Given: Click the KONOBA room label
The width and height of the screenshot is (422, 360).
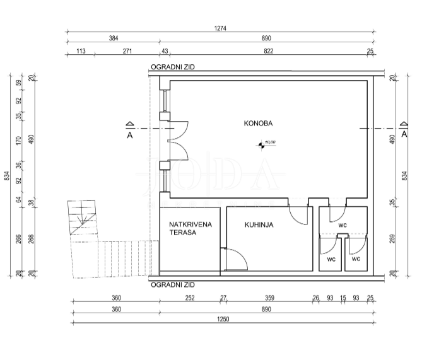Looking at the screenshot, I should (x=258, y=124).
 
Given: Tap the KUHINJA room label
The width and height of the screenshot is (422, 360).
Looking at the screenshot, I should (x=259, y=224).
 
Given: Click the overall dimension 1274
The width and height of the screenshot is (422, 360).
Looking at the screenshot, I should (x=220, y=28).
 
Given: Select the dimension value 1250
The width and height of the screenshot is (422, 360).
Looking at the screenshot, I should (x=222, y=319).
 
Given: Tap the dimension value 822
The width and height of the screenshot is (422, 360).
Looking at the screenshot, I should (x=268, y=50).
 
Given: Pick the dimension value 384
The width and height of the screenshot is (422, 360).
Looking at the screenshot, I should (x=114, y=38).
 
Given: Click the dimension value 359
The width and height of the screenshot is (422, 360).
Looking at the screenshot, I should (x=269, y=298).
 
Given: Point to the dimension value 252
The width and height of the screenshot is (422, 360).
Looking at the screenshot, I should (x=190, y=298).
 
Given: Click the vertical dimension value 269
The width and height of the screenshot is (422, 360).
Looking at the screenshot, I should (x=392, y=240).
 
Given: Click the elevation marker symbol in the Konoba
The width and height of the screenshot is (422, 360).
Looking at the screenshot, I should (x=261, y=145).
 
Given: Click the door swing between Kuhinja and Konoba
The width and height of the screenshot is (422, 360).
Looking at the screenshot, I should (x=297, y=216).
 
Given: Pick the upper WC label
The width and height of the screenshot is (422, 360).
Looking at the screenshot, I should (x=342, y=224).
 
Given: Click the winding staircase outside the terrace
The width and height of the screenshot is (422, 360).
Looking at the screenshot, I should (x=84, y=219).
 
